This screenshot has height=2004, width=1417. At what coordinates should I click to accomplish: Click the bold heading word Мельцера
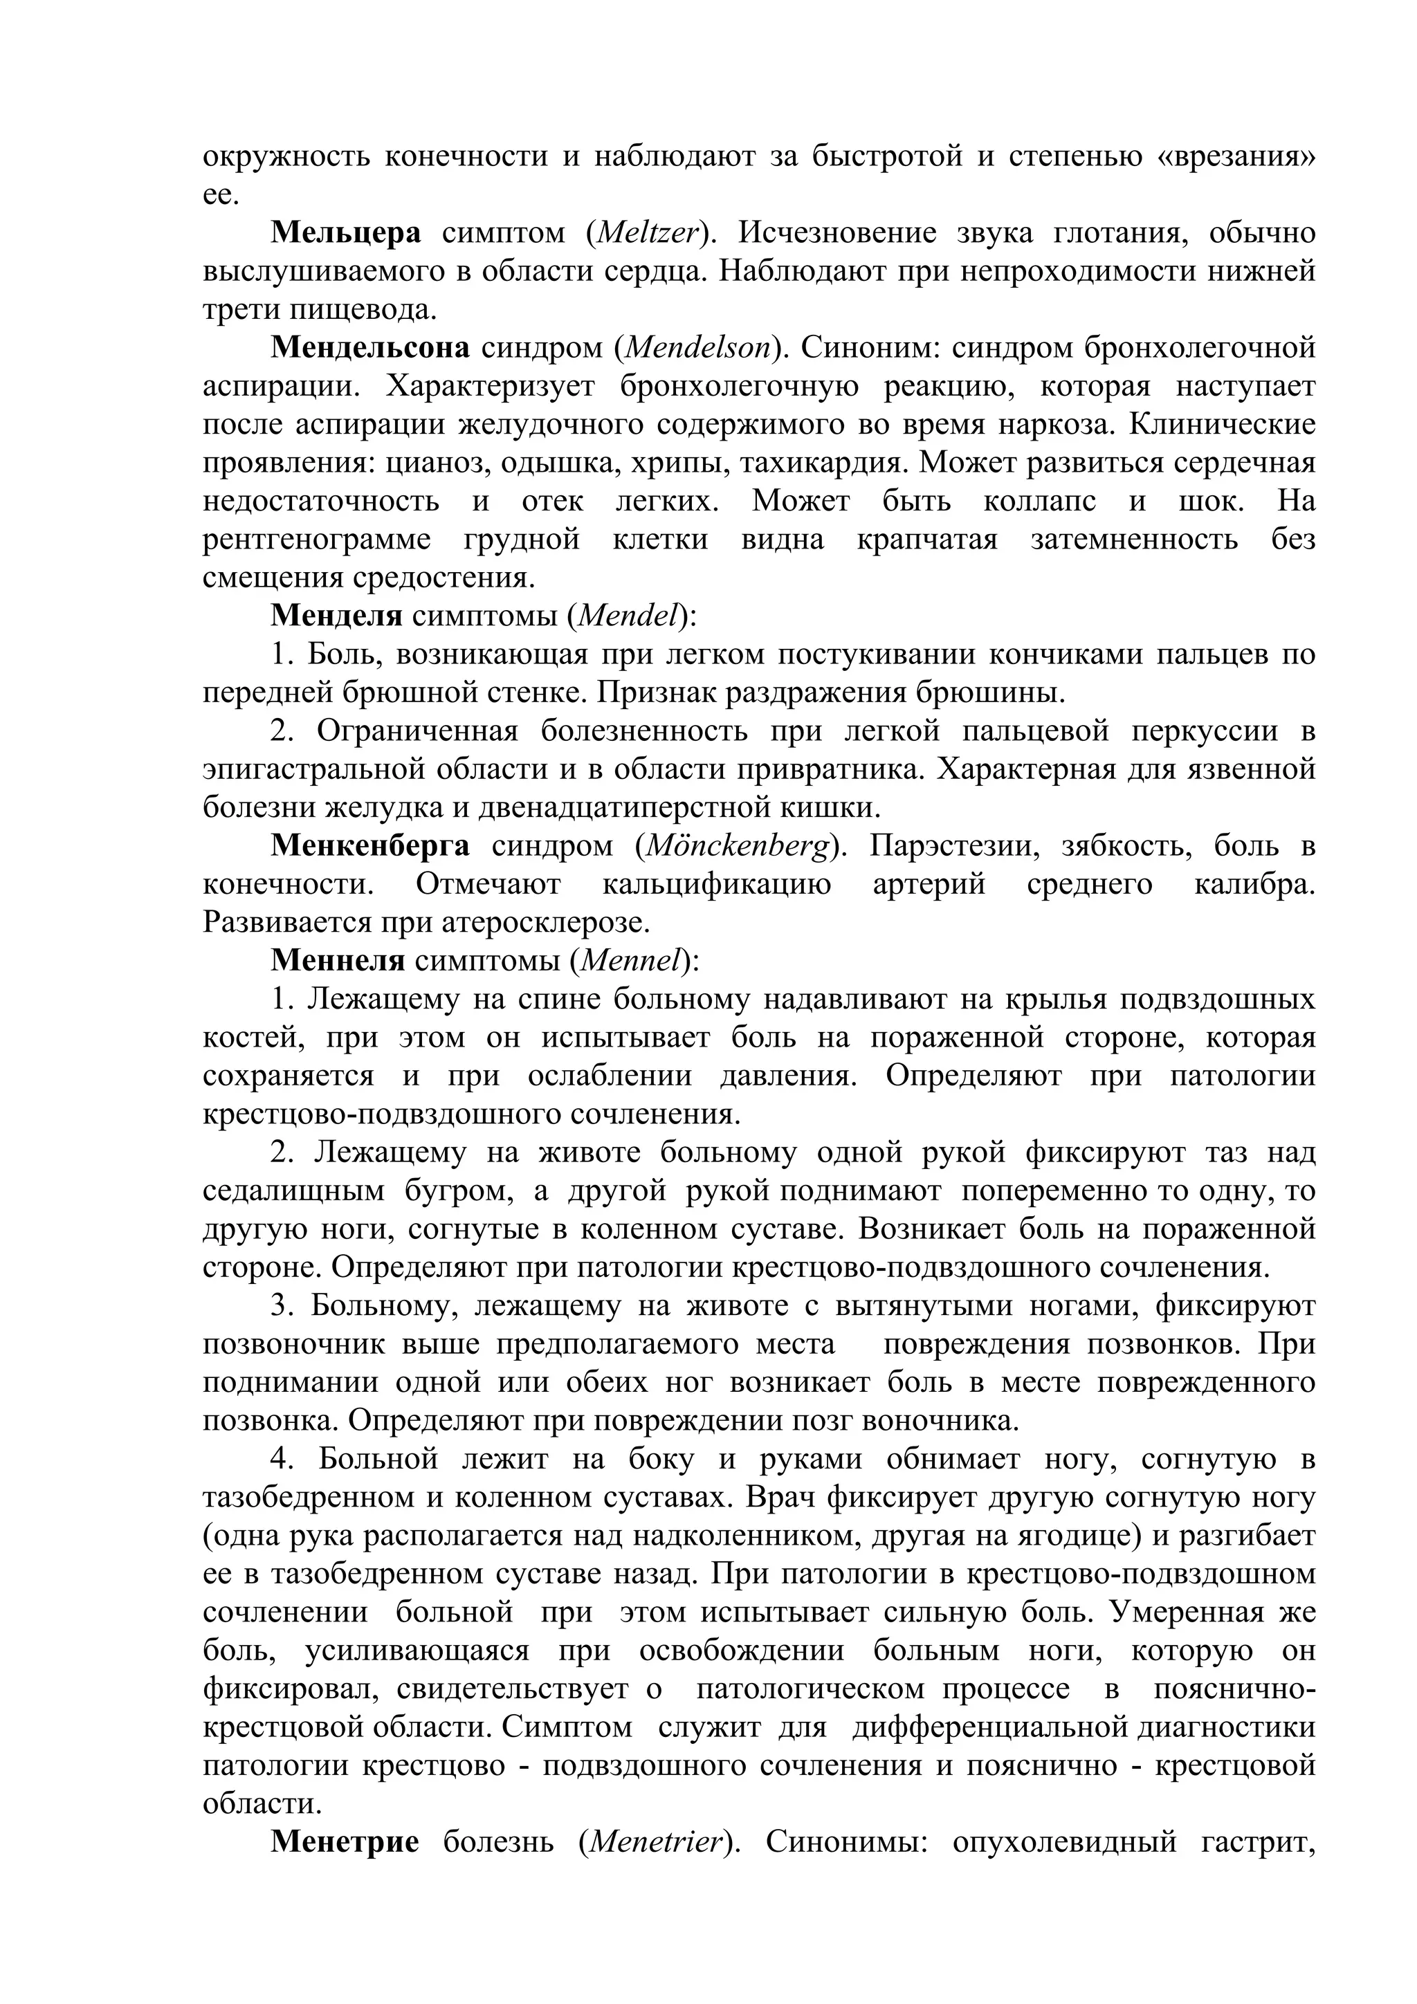coord(346,233)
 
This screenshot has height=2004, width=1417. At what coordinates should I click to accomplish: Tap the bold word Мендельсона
coord(370,347)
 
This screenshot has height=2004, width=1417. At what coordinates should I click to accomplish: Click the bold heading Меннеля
coord(337,960)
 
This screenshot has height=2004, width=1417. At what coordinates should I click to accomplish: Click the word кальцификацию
coord(716,883)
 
